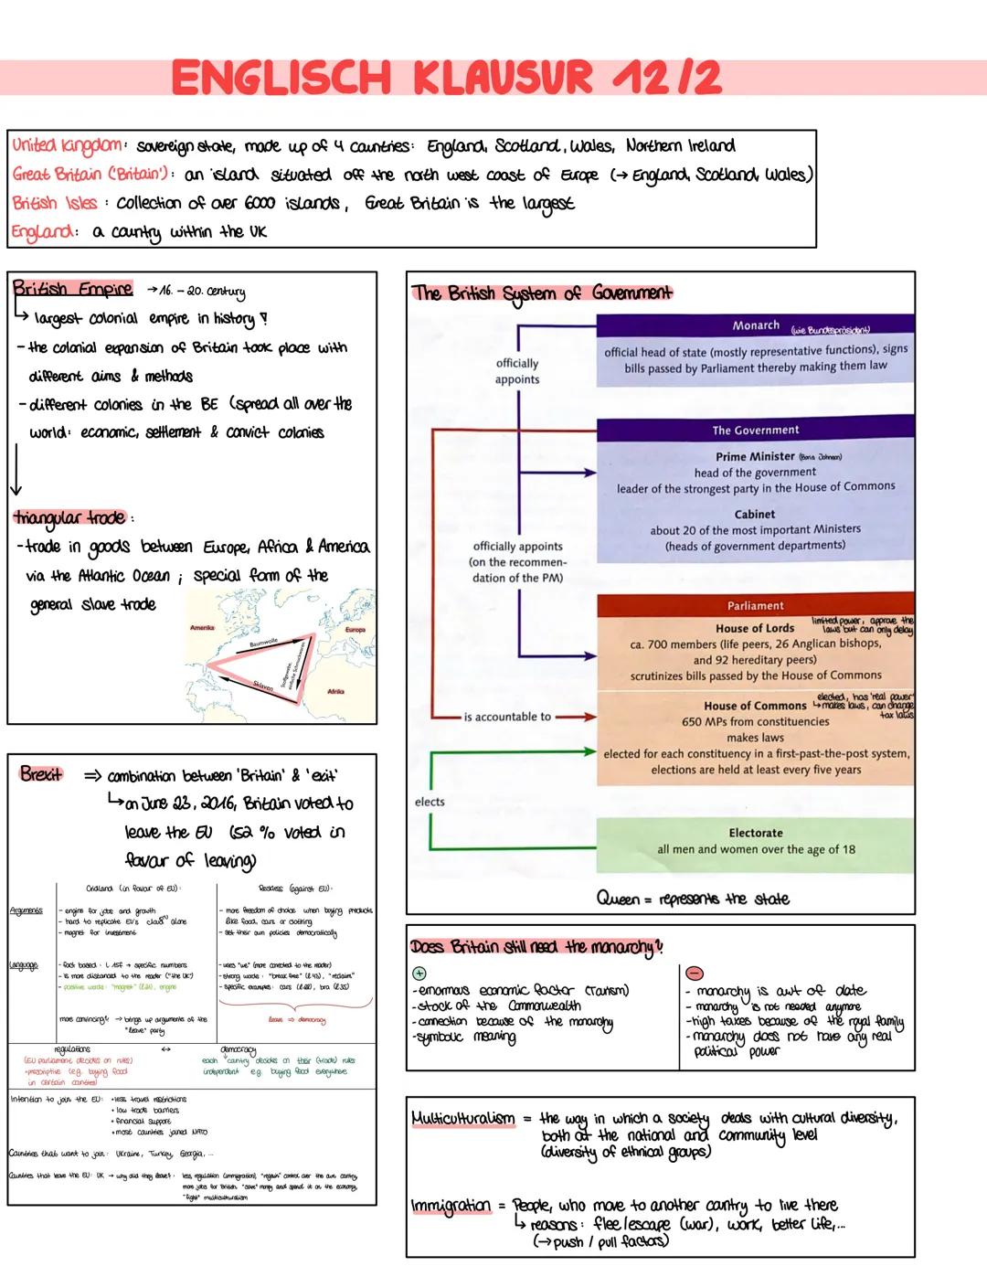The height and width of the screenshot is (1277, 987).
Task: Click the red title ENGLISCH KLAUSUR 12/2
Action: click(x=446, y=78)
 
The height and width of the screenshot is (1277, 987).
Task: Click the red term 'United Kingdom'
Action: click(x=67, y=146)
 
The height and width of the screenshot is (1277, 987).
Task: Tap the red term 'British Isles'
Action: click(x=54, y=203)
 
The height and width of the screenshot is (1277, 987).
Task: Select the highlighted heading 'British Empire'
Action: click(x=72, y=289)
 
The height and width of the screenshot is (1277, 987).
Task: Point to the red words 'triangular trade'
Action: click(x=69, y=517)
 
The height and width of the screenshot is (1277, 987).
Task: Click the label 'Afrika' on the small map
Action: click(x=335, y=692)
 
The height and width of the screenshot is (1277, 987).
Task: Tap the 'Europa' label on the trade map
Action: click(x=355, y=630)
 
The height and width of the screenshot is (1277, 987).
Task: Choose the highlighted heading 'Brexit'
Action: click(x=42, y=774)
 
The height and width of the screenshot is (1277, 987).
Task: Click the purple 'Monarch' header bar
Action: click(x=755, y=325)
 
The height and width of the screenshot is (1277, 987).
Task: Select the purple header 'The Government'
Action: click(x=755, y=430)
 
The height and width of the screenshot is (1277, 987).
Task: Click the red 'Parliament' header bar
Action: click(x=755, y=605)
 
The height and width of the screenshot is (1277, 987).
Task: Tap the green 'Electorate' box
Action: click(x=755, y=841)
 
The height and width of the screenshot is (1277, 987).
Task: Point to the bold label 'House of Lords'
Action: click(x=755, y=628)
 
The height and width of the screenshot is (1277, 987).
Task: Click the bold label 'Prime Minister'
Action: click(x=755, y=456)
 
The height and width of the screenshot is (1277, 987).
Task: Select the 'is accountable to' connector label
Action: click(x=507, y=717)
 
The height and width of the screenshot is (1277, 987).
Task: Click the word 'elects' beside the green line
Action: click(x=430, y=802)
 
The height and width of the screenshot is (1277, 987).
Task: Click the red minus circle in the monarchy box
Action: click(x=695, y=973)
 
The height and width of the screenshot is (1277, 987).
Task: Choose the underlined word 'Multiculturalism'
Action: click(x=462, y=1118)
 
